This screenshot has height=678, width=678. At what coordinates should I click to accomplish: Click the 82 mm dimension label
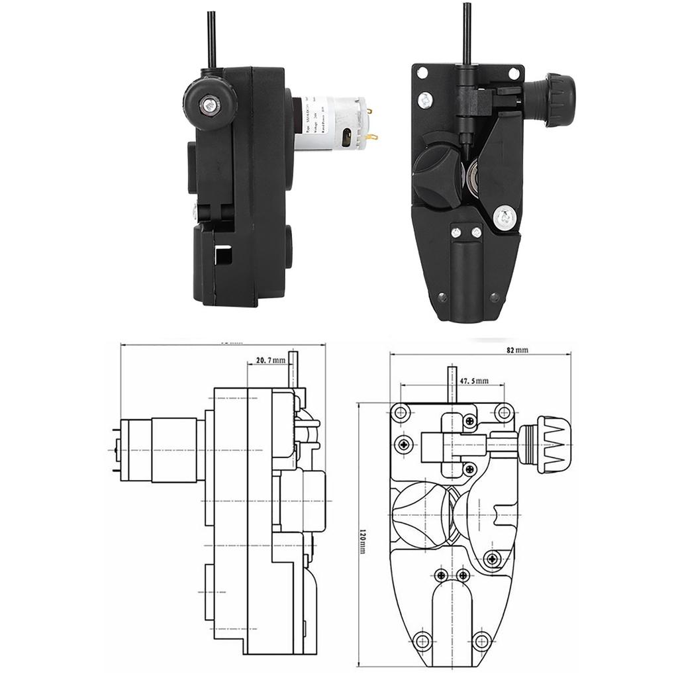click(519, 350)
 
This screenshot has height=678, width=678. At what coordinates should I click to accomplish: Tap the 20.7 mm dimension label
click(270, 360)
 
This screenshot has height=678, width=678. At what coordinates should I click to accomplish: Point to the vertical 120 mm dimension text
click(362, 535)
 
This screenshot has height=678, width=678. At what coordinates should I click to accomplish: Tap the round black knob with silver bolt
click(209, 102)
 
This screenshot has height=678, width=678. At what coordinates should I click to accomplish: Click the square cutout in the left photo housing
click(225, 255)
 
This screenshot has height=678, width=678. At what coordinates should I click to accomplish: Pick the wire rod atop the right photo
click(467, 33)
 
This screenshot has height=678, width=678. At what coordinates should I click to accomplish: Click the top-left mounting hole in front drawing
click(399, 414)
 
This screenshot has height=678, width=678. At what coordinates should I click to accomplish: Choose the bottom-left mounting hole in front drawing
click(422, 640)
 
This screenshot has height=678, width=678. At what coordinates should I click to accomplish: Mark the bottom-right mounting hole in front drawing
click(481, 640)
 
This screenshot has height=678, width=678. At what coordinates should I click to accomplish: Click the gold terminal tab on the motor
click(373, 138)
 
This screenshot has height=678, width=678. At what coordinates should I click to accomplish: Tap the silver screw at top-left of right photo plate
click(423, 100)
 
